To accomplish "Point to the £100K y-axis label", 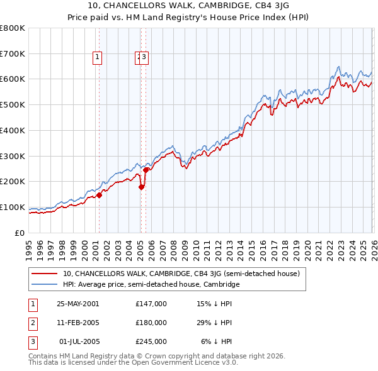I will pyautogui.click(x=13, y=207).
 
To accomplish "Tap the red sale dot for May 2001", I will pyautogui.click(x=99, y=195).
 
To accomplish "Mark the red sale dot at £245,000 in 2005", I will pyautogui.click(x=146, y=170).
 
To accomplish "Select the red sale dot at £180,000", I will pyautogui.click(x=141, y=186).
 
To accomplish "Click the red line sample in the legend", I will pyautogui.click(x=45, y=274).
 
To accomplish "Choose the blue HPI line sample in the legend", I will pyautogui.click(x=45, y=284).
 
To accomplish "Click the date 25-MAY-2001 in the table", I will pyautogui.click(x=78, y=303).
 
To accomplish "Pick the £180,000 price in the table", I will pyautogui.click(x=151, y=323).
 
